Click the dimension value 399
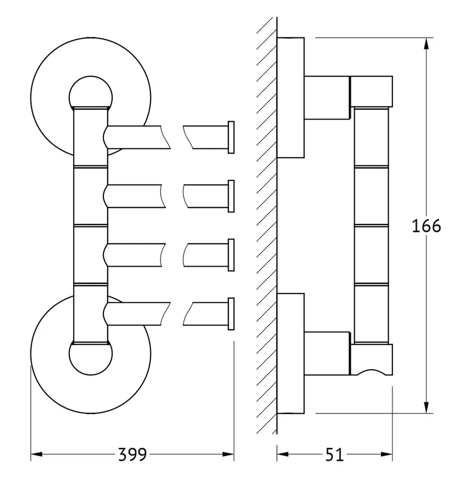pos(133,455)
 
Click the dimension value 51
pos(334,455)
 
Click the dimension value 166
pos(426,226)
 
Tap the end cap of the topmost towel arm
pos(231,137)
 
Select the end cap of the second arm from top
pos(231,196)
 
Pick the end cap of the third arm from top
pos(231,255)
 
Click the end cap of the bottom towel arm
pos(231,314)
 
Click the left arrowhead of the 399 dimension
pos(36,454)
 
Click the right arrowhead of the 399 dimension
pos(228,454)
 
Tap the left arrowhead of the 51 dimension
pos(283,454)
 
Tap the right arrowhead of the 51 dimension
pos(387,454)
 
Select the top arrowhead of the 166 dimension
pos(426,44)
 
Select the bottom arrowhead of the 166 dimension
pos(426,407)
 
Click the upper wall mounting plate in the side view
pos(291,98)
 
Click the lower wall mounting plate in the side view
pos(291,353)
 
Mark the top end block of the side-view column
pos(371,92)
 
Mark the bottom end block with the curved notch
pos(371,359)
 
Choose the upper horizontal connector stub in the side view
pos(327,98)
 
